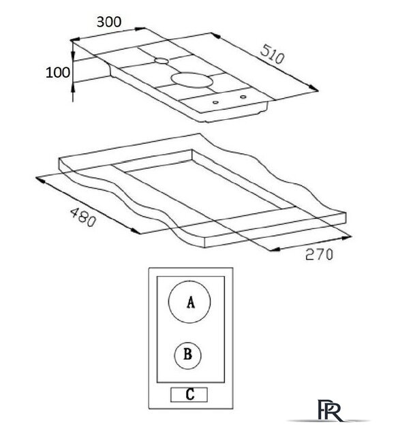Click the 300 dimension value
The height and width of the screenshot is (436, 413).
109,22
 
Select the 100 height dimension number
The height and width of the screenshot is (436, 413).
58,73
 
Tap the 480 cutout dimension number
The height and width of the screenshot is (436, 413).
83,217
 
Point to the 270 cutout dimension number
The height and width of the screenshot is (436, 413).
319,254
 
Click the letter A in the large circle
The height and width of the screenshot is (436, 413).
191,302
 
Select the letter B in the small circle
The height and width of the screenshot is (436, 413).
187,354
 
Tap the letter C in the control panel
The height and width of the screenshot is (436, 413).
189,394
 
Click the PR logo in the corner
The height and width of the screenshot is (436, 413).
329,411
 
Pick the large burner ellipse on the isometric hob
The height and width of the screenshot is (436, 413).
192,80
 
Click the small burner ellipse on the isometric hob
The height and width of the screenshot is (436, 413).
162,61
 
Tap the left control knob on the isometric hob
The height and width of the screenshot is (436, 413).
215,103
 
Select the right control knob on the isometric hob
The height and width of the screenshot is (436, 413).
243,97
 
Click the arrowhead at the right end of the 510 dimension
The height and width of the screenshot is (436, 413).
313,89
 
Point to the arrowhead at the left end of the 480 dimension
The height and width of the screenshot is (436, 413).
41,180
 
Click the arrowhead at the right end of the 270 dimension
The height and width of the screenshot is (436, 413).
347,238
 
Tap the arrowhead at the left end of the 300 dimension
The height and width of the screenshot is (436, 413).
76,40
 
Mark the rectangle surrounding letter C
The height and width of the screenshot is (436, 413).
189,394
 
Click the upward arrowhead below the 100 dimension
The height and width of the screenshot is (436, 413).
73,89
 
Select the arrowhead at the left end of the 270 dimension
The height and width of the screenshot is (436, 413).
274,249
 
